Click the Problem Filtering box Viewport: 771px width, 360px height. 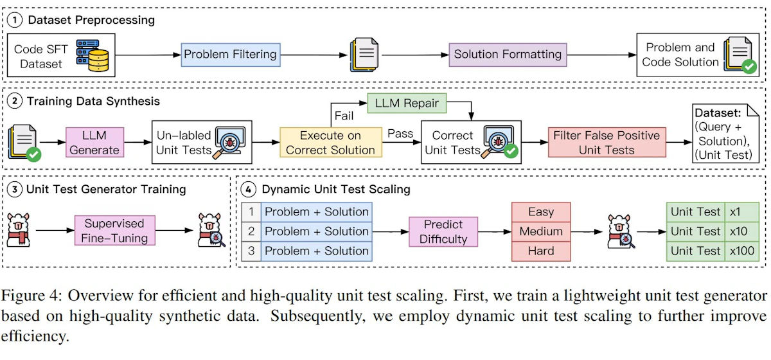(x=231, y=55)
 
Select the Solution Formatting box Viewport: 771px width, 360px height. (x=508, y=55)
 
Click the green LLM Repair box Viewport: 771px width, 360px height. (x=407, y=103)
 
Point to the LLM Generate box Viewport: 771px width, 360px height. (x=94, y=142)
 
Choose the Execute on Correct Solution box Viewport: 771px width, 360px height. (x=331, y=142)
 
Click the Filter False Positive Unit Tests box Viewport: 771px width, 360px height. (x=607, y=142)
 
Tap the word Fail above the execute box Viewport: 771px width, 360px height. (x=344, y=116)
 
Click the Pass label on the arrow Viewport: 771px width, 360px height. (x=400, y=133)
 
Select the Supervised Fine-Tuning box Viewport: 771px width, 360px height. (x=114, y=231)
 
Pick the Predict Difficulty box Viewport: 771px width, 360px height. (x=443, y=231)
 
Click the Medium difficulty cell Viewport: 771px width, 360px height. (x=541, y=231)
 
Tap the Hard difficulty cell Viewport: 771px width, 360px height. (x=541, y=251)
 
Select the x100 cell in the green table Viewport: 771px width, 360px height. (x=741, y=251)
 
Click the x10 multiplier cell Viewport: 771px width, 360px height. (x=741, y=231)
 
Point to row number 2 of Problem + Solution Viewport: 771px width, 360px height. (x=251, y=231)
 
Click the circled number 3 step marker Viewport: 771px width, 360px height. (x=15, y=190)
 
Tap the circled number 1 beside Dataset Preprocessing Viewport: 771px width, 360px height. (x=15, y=20)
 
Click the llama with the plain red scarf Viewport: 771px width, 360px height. (x=19, y=230)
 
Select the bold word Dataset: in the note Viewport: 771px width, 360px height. (x=718, y=113)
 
